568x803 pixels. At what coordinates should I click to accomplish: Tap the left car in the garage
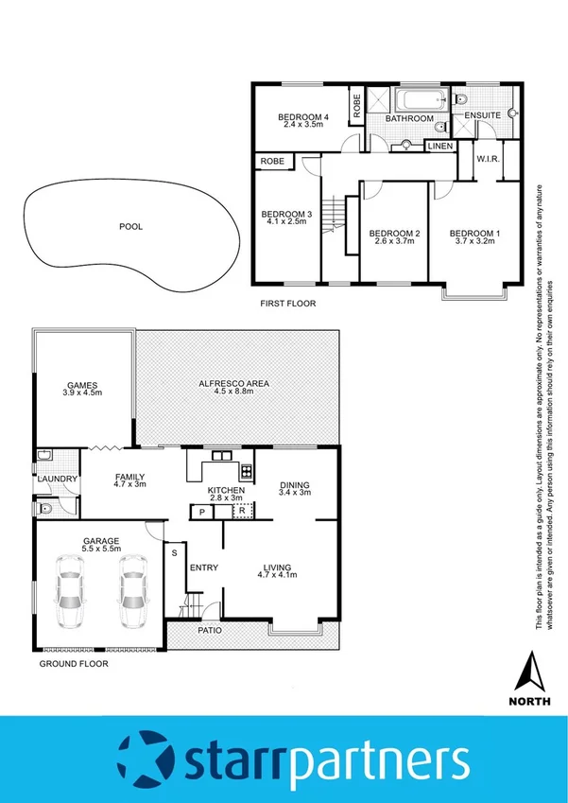point(71,594)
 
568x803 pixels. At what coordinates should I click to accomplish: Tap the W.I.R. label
point(488,158)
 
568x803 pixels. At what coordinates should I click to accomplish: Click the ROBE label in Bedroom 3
point(273,162)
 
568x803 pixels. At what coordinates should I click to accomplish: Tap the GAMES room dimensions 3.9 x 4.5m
point(82,393)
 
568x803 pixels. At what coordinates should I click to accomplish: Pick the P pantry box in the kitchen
point(201,512)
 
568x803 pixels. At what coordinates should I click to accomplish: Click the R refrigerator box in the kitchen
point(242,512)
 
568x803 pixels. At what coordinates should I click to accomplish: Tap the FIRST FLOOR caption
point(287,304)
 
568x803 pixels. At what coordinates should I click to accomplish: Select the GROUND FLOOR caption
point(74,664)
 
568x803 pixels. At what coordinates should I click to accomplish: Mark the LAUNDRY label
point(57,480)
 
